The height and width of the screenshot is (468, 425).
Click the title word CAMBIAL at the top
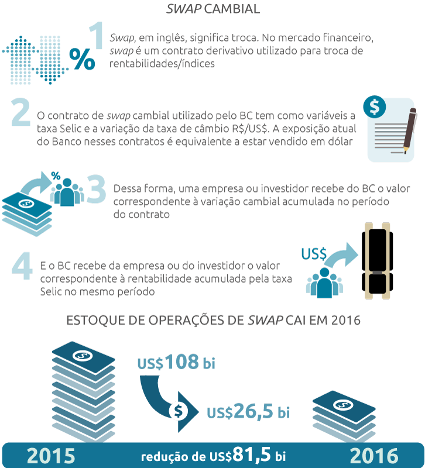tap(232, 9)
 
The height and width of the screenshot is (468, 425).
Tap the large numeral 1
tap(97, 35)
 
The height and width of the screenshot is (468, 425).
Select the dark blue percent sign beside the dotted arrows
tap(82, 59)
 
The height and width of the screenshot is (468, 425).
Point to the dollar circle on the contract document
tap(375, 106)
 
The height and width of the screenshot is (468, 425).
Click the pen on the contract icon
tap(409, 130)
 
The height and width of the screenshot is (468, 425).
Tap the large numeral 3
tap(97, 188)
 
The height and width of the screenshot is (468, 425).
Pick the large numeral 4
tap(22, 266)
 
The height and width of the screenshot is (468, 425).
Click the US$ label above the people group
tap(314, 254)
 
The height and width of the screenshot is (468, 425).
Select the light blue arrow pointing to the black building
tap(342, 254)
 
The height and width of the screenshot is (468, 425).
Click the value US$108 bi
tap(176, 362)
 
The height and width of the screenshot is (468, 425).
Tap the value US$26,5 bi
tap(248, 411)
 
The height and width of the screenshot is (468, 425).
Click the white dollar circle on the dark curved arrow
tap(179, 411)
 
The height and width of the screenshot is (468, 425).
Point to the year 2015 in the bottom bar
tap(51, 456)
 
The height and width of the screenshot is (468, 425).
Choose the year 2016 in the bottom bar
tap(374, 456)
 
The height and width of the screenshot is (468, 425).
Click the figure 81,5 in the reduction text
tap(252, 455)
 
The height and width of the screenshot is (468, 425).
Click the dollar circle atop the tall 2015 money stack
tap(83, 356)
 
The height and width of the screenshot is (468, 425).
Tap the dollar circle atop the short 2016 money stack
tap(344, 405)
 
